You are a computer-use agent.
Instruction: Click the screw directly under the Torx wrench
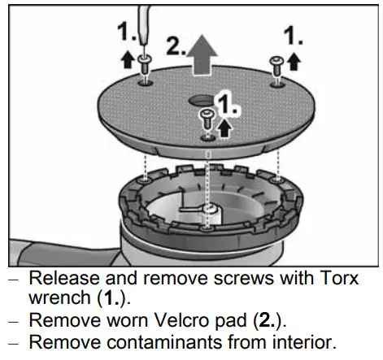tap(144, 69)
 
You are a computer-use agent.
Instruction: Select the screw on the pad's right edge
tap(277, 64)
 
